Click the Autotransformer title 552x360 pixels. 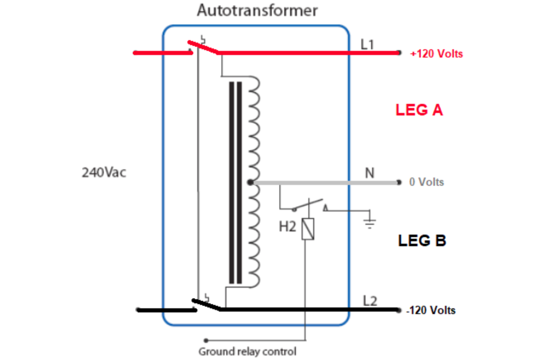257,10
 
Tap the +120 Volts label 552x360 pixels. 436,54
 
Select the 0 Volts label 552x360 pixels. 426,182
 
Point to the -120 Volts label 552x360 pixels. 431,310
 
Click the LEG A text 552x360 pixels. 419,110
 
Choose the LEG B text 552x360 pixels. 422,241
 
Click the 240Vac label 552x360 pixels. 104,173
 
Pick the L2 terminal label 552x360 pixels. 370,301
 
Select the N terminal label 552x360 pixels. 369,173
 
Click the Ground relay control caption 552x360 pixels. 247,352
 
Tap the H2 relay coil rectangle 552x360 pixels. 307,229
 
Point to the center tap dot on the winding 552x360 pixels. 250,182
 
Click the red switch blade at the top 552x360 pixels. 203,48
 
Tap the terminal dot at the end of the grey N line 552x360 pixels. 399,182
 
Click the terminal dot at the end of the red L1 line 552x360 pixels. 399,53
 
